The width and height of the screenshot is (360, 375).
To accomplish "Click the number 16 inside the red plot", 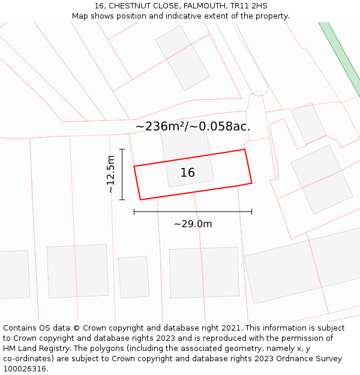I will [x=187, y=173].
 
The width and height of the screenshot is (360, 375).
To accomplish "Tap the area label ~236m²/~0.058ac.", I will [x=193, y=127].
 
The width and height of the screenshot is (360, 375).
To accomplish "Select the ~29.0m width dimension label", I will [x=193, y=224].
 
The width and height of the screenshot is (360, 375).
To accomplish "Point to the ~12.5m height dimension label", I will [x=110, y=174].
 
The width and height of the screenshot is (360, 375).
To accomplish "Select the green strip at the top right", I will [x=341, y=57].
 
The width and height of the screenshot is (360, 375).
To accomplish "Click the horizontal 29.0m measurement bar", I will [x=193, y=211].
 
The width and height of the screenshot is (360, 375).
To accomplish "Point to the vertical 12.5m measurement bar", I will [x=122, y=174].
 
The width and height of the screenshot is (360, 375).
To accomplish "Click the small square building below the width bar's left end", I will [x=133, y=277].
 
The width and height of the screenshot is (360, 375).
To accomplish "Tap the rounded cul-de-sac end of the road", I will [x=259, y=89].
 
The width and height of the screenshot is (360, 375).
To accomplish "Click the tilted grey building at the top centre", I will [x=182, y=57].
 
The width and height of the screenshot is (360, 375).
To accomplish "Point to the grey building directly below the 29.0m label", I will [x=204, y=272].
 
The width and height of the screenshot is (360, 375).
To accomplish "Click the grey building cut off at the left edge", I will [x=13, y=274].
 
